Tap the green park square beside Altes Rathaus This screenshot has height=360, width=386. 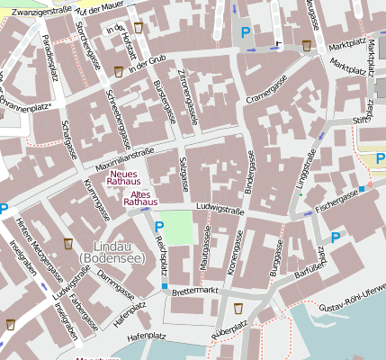click(x=181, y=227)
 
